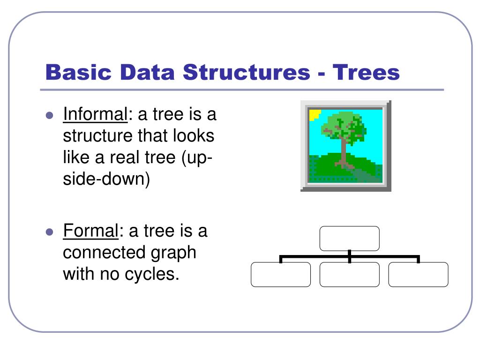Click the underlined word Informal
tap(95, 114)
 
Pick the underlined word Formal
tap(90, 231)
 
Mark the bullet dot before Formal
tap(49, 232)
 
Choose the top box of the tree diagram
tap(349, 239)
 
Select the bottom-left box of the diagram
tap(280, 274)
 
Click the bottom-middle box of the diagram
tap(349, 274)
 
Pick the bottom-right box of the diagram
tap(418, 274)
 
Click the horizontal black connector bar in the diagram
tap(314, 256)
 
